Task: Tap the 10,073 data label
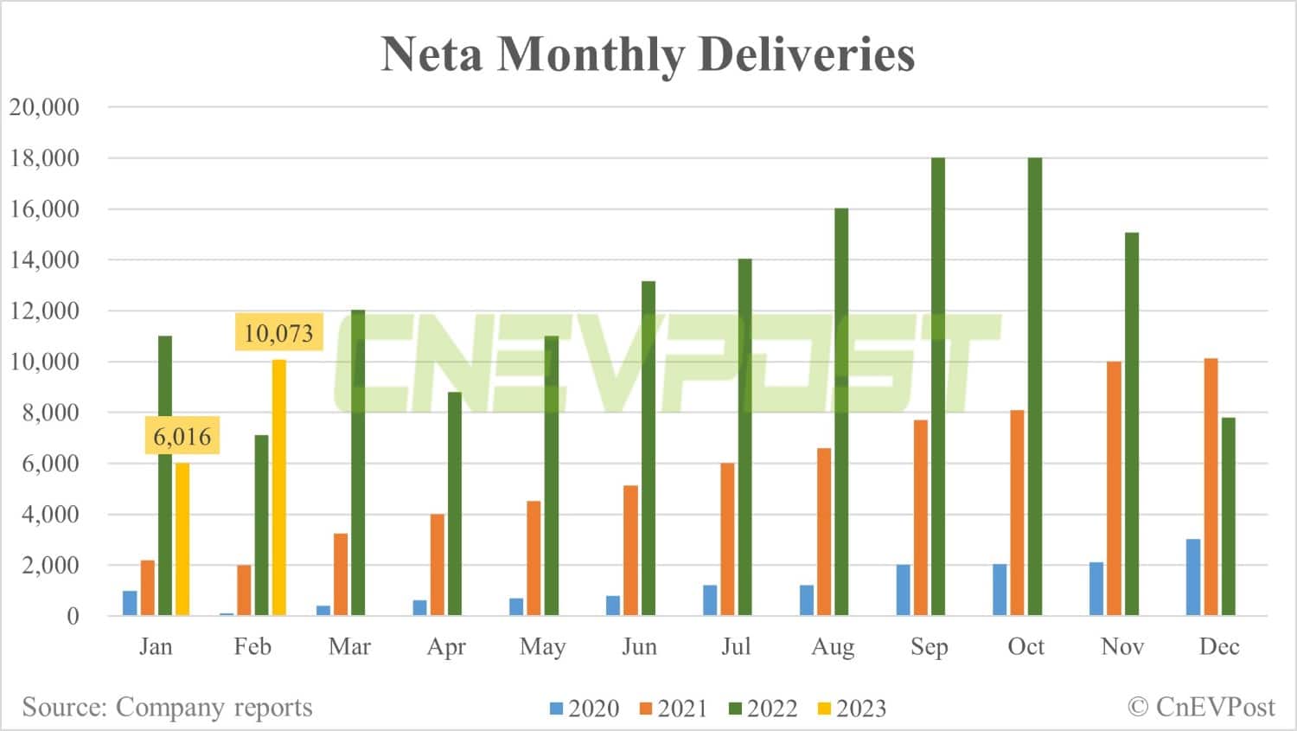click(x=278, y=333)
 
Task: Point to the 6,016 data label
click(x=182, y=437)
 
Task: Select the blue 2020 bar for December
click(x=1193, y=577)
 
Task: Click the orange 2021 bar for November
click(x=1114, y=489)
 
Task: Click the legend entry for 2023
click(x=852, y=709)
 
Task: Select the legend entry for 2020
click(x=585, y=709)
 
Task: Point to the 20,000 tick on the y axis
click(x=44, y=107)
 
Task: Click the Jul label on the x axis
click(x=736, y=647)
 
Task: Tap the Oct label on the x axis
click(x=1025, y=647)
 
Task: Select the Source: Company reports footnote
click(x=167, y=707)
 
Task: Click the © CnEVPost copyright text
click(x=1201, y=707)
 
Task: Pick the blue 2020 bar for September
click(x=904, y=590)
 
